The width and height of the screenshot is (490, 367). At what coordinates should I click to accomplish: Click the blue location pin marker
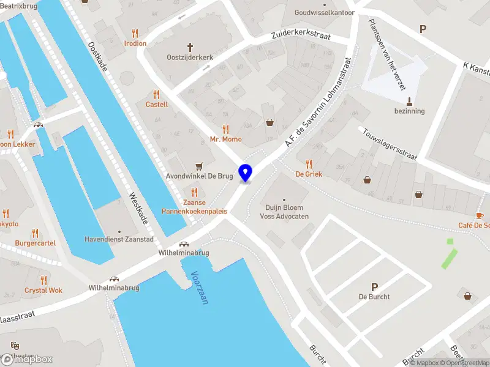246,172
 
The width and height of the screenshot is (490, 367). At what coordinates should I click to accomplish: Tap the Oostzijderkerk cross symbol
190,46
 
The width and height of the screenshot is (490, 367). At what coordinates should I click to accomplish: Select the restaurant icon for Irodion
135,32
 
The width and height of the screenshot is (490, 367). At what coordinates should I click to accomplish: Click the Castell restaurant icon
156,94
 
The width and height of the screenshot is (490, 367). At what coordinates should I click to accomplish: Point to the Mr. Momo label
226,139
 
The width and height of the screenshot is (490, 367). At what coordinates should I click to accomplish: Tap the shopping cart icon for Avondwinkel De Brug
198,166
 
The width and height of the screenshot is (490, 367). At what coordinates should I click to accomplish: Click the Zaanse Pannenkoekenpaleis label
194,207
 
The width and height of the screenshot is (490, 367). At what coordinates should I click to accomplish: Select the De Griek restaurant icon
309,163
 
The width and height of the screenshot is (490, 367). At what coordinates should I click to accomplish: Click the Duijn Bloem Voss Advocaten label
284,212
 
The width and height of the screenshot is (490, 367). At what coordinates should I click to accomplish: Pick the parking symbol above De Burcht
374,286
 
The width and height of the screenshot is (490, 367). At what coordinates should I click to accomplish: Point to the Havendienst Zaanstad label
119,239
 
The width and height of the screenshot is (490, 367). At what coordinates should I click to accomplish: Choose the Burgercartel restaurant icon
35,233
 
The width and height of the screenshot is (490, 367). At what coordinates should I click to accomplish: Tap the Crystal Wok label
43,291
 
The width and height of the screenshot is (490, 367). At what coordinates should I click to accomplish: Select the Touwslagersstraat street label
390,144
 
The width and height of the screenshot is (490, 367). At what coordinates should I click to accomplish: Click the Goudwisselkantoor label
324,12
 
